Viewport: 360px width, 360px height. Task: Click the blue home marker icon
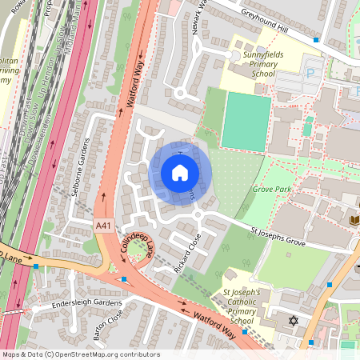(x=180, y=173)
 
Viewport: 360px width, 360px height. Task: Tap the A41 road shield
(x=104, y=226)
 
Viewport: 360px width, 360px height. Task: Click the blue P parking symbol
(x=310, y=73)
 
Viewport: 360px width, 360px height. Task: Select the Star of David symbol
(x=293, y=321)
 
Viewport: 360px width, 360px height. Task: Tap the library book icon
(x=355, y=218)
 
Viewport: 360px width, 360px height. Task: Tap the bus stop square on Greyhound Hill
(x=316, y=39)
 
